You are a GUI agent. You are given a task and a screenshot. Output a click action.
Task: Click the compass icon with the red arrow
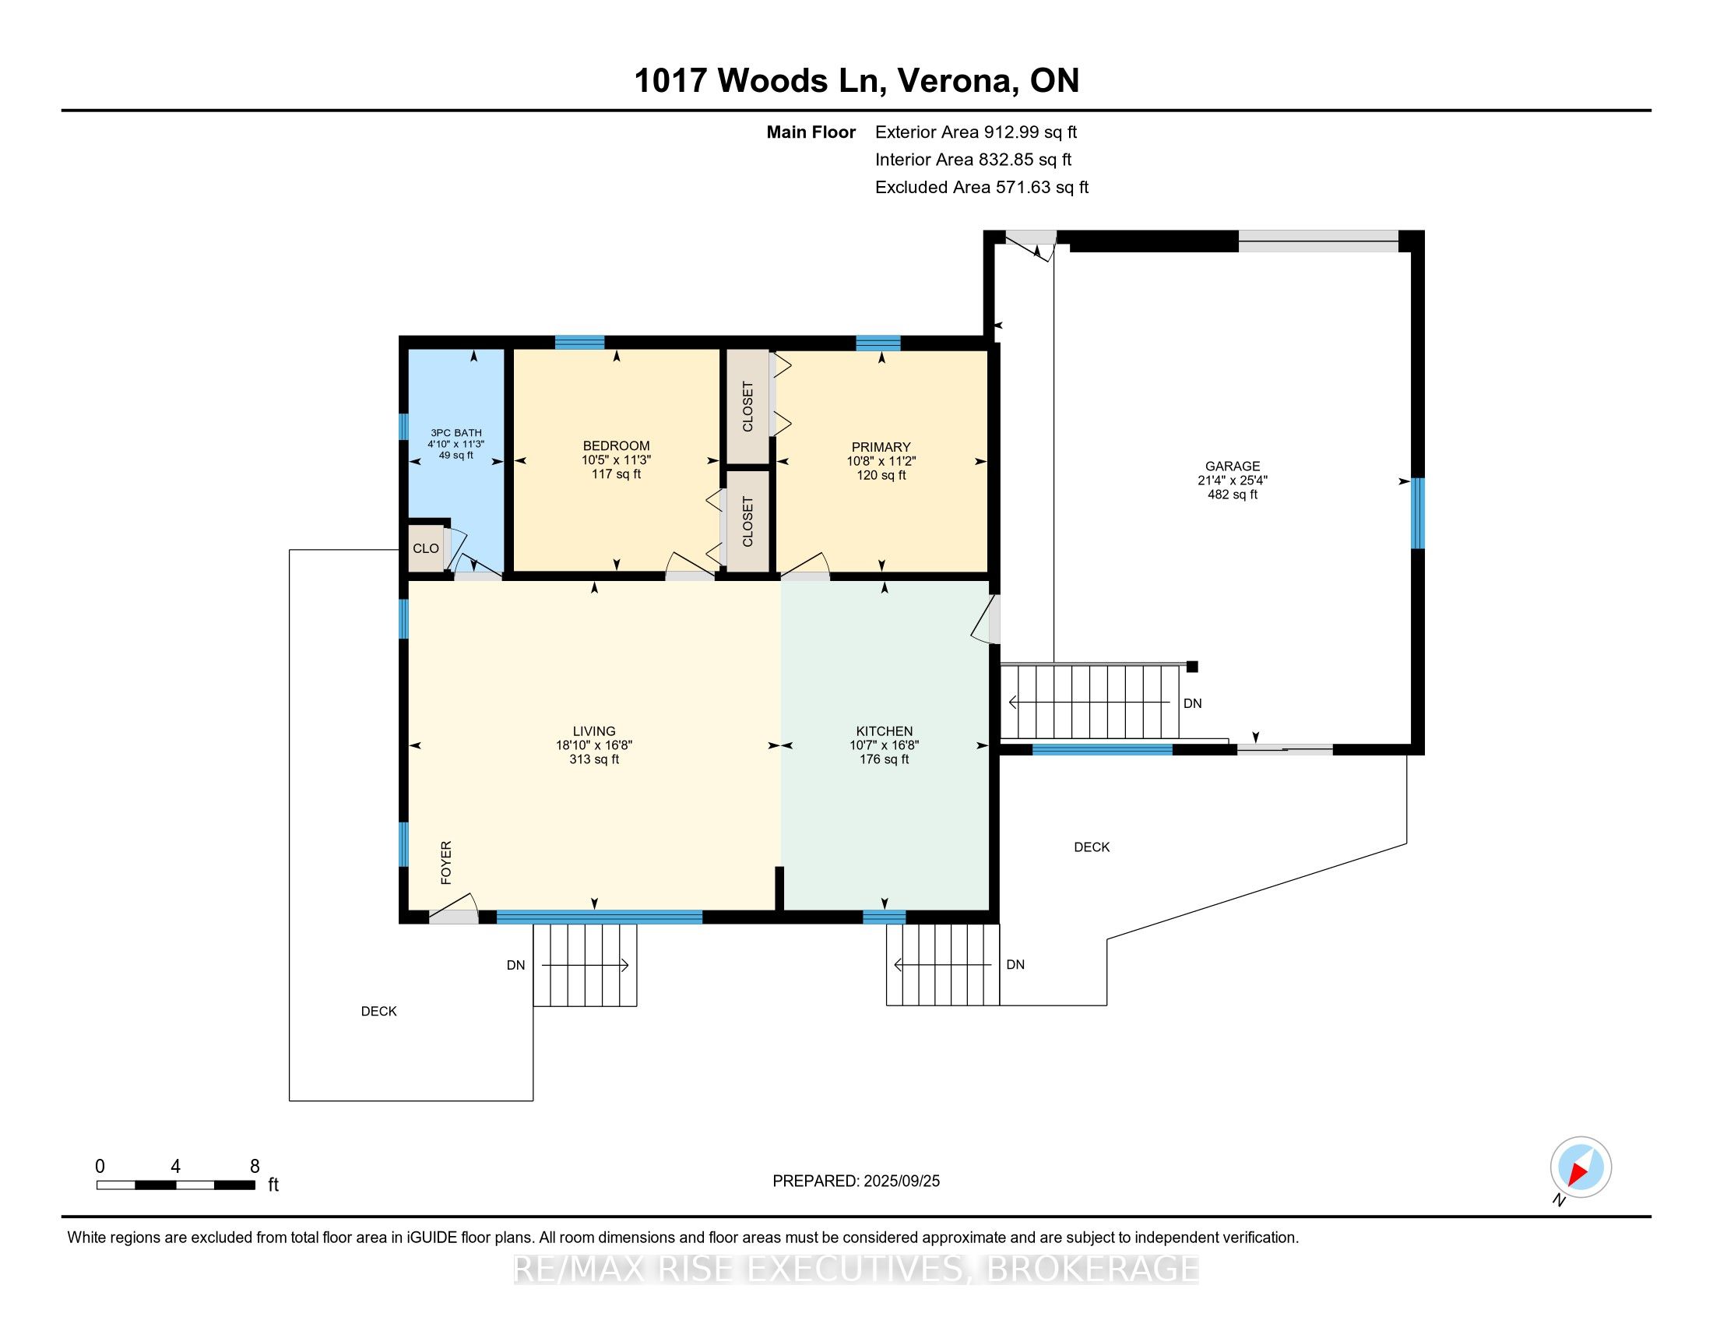click(1581, 1167)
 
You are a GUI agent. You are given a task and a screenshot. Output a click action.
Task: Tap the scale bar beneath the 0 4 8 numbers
click(176, 1185)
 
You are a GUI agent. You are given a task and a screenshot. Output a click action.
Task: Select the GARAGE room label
click(1233, 466)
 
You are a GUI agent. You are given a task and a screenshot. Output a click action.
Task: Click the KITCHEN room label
click(884, 731)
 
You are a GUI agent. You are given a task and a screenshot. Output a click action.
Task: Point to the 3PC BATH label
click(456, 433)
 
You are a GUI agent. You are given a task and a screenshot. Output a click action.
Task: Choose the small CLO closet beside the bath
click(426, 548)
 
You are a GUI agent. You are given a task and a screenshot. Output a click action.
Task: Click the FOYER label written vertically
click(446, 863)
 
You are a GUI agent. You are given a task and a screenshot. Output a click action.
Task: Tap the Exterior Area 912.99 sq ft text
click(976, 132)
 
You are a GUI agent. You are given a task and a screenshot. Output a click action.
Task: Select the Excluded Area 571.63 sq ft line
click(982, 188)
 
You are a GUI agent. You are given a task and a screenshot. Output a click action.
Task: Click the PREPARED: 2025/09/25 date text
click(856, 1181)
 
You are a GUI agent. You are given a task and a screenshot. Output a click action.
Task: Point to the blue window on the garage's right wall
click(1417, 513)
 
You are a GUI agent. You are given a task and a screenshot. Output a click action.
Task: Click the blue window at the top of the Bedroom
click(579, 342)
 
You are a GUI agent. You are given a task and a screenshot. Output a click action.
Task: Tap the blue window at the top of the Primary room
click(878, 343)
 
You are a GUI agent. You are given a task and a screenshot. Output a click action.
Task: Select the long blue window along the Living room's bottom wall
click(600, 917)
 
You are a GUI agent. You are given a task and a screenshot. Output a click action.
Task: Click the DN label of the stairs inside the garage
click(1192, 703)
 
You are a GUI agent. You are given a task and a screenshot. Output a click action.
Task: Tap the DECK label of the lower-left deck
click(379, 1012)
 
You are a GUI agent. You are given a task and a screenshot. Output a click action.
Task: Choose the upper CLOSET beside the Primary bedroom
click(747, 407)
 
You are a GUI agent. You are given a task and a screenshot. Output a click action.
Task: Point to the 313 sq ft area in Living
click(594, 759)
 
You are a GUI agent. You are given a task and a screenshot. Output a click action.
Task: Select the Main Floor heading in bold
click(811, 132)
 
